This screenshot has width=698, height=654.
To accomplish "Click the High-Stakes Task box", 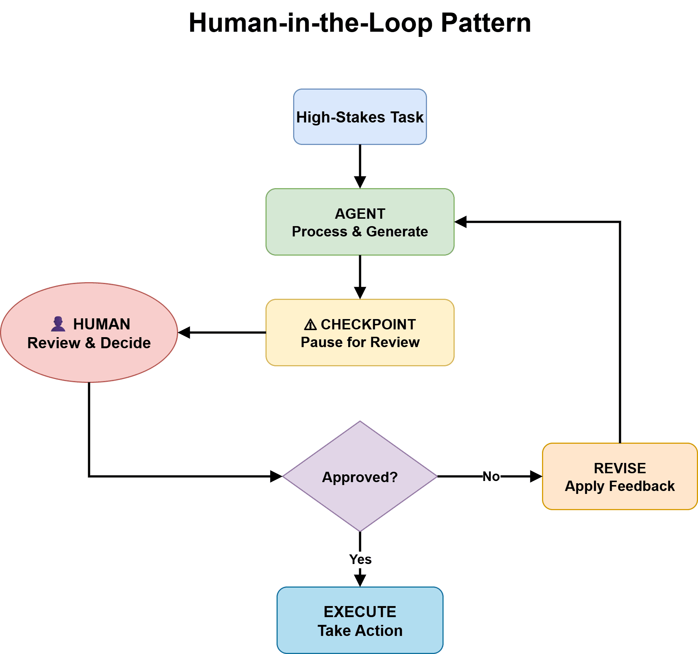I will pyautogui.click(x=360, y=117).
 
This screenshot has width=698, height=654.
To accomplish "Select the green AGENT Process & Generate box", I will pyautogui.click(x=360, y=222).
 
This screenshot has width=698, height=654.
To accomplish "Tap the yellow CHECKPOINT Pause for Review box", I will pyautogui.click(x=360, y=333).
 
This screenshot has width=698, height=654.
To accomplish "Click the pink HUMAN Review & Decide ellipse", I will pyautogui.click(x=89, y=333).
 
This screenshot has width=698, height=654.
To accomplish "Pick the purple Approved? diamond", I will pyautogui.click(x=360, y=477).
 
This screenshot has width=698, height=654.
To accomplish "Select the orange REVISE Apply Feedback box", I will pyautogui.click(x=620, y=477).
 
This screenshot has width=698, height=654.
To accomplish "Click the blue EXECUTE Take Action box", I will pyautogui.click(x=360, y=620).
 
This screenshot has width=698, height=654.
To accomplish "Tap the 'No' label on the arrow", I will pyautogui.click(x=491, y=477).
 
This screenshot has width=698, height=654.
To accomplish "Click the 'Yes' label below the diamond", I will pyautogui.click(x=360, y=559).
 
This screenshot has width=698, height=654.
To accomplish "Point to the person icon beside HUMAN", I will pyautogui.click(x=58, y=324).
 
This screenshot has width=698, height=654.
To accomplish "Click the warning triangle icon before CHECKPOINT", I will pyautogui.click(x=310, y=325).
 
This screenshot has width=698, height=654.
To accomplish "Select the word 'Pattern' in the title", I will pyautogui.click(x=486, y=23).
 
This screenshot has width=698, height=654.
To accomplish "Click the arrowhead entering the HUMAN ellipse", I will pyautogui.click(x=184, y=332).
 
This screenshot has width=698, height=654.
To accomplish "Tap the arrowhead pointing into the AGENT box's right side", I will pyautogui.click(x=461, y=222).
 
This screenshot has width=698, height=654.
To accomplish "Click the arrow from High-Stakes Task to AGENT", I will pyautogui.click(x=360, y=162).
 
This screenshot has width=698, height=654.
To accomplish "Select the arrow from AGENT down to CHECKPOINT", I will pyautogui.click(x=360, y=273).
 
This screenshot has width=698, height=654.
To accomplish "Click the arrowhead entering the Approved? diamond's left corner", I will pyautogui.click(x=276, y=476).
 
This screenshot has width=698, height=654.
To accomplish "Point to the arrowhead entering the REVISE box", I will pyautogui.click(x=536, y=476).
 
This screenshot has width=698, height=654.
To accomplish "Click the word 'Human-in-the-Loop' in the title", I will pyautogui.click(x=310, y=23).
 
